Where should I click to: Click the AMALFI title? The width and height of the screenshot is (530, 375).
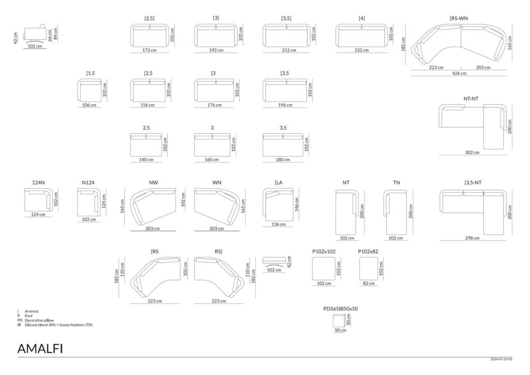tap(40, 349)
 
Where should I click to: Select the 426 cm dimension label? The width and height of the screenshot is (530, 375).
tap(459, 74)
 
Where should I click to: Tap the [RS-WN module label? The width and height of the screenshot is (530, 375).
tap(459, 18)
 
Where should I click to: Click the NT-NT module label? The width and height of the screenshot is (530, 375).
tap(470, 99)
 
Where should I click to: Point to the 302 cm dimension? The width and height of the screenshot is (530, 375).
tap(472, 152)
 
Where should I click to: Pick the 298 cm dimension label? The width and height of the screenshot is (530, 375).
tap(472, 238)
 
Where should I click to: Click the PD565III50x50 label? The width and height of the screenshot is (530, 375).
tap(341, 309)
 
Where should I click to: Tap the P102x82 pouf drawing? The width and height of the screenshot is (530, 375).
tap(369, 268)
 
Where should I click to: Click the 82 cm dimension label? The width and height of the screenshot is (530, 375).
tap(369, 283)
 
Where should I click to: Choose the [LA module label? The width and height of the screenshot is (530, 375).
tap(278, 183)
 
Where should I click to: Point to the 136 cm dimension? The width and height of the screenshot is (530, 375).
tap(278, 224)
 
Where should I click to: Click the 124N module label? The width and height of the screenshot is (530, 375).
tap(38, 183)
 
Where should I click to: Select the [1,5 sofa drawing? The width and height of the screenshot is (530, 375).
tap(89, 90)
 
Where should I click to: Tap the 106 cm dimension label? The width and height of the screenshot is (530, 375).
tap(89, 105)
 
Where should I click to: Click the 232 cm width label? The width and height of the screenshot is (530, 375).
tap(361, 50)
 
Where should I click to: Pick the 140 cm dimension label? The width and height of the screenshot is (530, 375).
tap(146, 160)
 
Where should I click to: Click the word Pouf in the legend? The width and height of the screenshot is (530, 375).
tap(29, 316)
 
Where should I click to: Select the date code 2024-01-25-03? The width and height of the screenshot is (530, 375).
tap(501, 359)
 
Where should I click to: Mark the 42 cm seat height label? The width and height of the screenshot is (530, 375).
tap(15, 38)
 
